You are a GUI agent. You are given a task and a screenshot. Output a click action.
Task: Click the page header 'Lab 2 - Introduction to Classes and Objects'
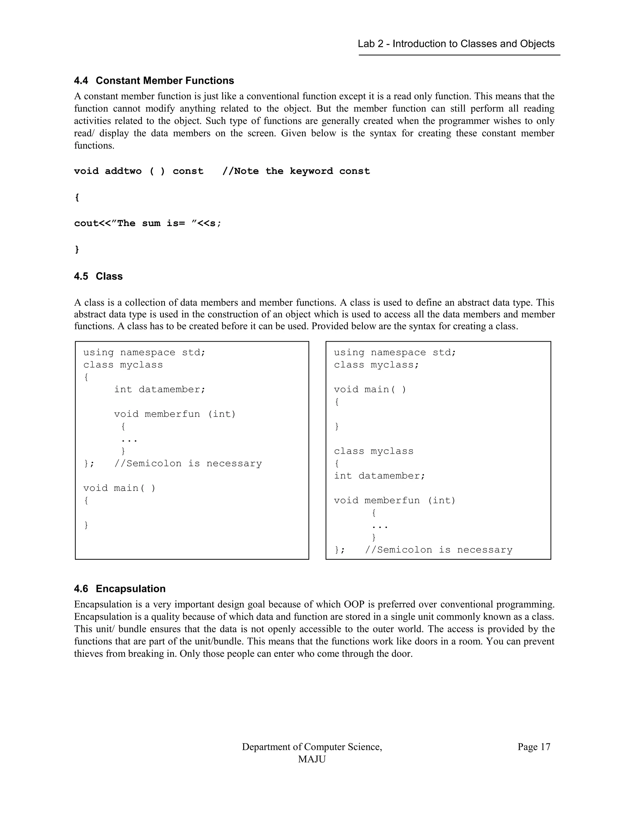click(456, 44)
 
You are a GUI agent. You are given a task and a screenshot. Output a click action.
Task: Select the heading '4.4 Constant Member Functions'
click(154, 80)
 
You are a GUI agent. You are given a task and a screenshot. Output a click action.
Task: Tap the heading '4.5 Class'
click(98, 276)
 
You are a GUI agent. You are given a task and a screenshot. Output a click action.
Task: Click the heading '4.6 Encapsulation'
click(119, 589)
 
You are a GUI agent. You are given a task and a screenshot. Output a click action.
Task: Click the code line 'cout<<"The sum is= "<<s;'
click(147, 223)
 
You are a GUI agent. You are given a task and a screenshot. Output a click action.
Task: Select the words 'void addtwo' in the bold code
click(108, 171)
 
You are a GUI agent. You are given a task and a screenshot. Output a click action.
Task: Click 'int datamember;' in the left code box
click(159, 389)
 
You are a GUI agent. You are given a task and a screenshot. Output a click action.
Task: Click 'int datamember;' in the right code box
click(379, 476)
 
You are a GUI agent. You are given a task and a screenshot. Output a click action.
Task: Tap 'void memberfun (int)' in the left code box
click(175, 414)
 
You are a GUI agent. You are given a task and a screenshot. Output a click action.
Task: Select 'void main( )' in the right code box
click(370, 389)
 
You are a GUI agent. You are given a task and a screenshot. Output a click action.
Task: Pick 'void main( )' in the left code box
click(119, 488)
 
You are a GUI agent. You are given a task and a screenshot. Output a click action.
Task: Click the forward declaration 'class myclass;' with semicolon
click(376, 365)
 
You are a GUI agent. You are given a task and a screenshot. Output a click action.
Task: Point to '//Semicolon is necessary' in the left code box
click(188, 464)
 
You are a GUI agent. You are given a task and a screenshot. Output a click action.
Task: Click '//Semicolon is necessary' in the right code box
click(439, 550)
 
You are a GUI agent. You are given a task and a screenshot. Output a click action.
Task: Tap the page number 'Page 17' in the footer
click(533, 747)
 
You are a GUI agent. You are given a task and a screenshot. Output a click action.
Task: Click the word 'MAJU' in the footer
click(311, 759)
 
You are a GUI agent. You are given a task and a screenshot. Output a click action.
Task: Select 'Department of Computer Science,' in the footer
click(312, 747)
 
